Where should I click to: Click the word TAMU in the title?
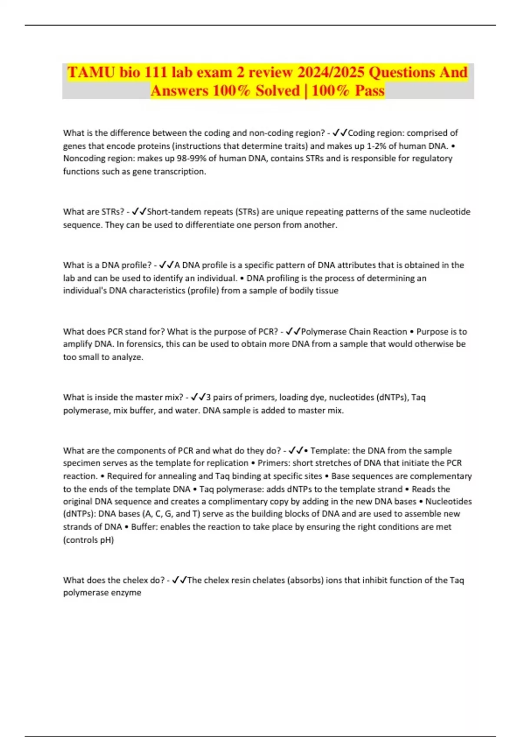pos(91,72)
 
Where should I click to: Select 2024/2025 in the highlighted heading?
pos(330,72)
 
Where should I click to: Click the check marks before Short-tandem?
pos(139,212)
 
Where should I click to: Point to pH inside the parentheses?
pos(106,540)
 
